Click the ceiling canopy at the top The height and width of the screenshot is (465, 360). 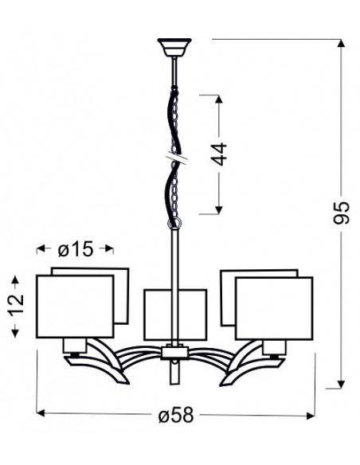[x=174, y=47]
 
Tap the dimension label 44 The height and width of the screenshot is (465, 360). [x=219, y=154]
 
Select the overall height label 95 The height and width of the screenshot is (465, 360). [x=342, y=213]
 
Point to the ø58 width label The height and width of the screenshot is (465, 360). [x=176, y=415]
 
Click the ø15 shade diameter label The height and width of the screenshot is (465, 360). [x=76, y=248]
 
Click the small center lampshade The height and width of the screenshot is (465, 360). [x=175, y=315]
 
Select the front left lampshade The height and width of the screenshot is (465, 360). [x=75, y=307]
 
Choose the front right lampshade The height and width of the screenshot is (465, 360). [x=274, y=308]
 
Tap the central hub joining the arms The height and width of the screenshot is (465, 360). [x=175, y=353]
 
